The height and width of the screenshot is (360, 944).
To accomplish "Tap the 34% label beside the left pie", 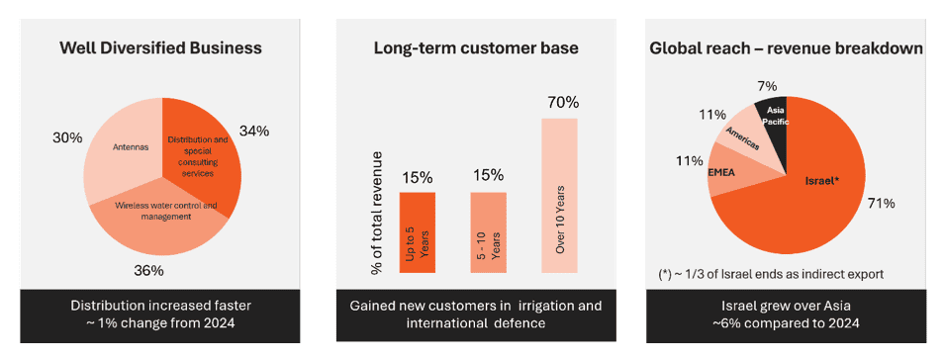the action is [254, 132].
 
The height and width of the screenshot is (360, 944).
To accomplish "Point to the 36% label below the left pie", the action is [148, 271].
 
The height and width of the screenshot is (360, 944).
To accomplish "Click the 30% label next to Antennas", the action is [67, 137].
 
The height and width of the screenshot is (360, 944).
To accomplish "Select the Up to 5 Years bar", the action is [418, 232].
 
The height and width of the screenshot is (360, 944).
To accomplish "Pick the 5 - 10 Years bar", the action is [488, 232].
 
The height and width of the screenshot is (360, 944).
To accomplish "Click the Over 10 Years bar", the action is [559, 195].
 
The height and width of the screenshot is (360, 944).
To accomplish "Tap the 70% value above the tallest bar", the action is [563, 102].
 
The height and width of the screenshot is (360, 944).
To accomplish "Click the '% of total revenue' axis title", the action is [377, 214].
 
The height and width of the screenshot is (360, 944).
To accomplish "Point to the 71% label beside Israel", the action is [881, 204].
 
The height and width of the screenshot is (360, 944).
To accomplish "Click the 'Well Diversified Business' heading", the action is [160, 48].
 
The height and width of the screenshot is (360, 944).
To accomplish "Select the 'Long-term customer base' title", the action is [476, 48].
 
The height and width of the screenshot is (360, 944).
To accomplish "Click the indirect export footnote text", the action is [771, 274].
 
